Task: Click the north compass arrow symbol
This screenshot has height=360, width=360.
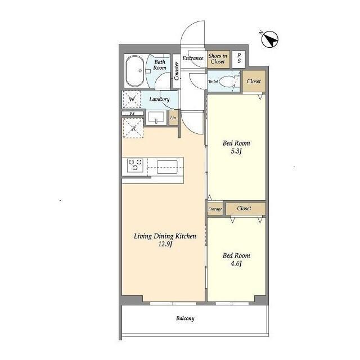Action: pos(270,39)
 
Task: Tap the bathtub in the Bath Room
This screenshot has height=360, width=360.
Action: pos(134,71)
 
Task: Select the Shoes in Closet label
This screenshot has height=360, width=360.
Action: pos(218,58)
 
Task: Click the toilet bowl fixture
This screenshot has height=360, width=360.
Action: pos(226,81)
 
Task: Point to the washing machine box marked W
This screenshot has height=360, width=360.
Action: pos(132,99)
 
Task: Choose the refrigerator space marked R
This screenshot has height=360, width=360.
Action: pos(133,128)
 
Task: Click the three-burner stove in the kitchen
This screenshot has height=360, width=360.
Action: pos(135,165)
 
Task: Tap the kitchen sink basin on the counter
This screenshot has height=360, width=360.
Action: pos(167,167)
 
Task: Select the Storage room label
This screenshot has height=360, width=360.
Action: pos(215,209)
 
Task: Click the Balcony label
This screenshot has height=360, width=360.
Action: pos(185,318)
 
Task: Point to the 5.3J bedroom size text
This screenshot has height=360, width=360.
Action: pos(236,151)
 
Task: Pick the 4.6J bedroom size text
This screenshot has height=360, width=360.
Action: pos(236,264)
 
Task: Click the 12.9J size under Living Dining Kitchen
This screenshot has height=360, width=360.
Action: pos(165,244)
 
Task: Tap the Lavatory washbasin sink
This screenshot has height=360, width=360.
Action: pos(156,118)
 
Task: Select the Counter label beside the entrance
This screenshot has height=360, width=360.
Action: pos(176,71)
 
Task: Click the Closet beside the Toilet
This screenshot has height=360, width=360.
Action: pos(254,81)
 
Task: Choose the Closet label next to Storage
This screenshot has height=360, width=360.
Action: pos(244,208)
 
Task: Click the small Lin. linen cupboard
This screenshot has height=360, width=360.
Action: pos(174,118)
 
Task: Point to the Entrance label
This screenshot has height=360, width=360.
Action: pos(193,58)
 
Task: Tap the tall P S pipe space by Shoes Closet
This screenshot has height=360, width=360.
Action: pos(238,58)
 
